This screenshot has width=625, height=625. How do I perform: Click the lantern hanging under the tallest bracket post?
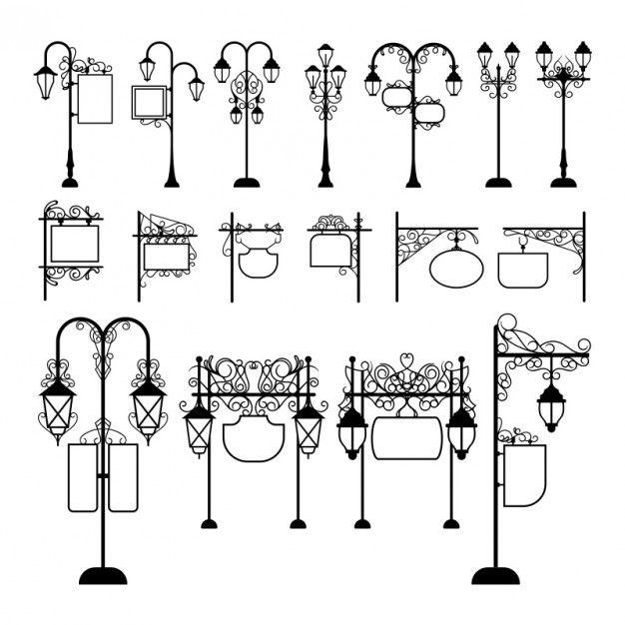pyautogui.click(x=551, y=404)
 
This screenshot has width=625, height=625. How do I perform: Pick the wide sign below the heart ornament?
pyautogui.click(x=405, y=437)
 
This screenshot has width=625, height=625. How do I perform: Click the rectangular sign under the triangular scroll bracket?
pyautogui.click(x=165, y=257)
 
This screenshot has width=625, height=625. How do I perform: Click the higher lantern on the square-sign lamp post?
pyautogui.click(x=148, y=68)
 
